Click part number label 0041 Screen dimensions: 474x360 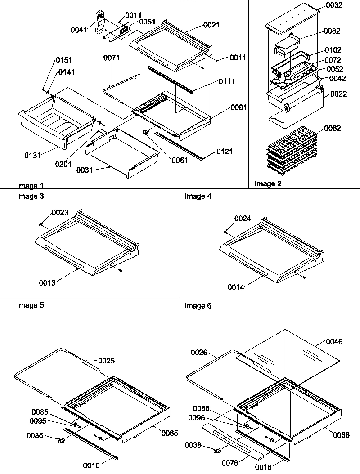79,30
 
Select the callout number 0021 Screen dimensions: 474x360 211,25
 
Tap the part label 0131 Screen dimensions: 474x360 33,155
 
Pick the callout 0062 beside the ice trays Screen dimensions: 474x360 333,129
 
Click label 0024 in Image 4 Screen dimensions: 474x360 243,219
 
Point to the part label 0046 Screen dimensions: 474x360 334,342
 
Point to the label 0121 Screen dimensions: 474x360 225,152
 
